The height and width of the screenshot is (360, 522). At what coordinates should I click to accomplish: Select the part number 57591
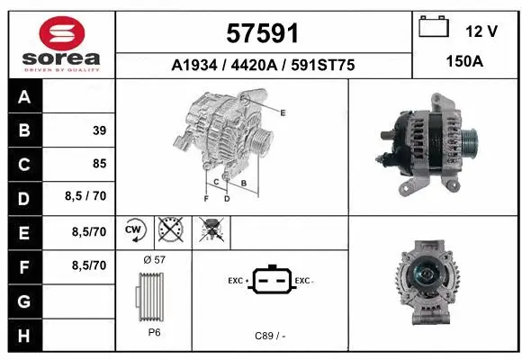coord(263,33)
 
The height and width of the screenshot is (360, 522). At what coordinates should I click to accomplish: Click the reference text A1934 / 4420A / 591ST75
coord(263,66)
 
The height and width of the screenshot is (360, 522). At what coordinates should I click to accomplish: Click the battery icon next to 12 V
coord(435,28)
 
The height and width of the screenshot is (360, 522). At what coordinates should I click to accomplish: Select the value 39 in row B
coord(99,130)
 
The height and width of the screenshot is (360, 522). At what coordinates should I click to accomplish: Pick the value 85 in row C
coord(99,164)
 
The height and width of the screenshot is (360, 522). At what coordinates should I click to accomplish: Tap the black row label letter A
coord(23,97)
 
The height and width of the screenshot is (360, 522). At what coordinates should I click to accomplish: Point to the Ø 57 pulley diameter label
coord(154,260)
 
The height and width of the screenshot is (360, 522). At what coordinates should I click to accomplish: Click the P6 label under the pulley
coord(154,332)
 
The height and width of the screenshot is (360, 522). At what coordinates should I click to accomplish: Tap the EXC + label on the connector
coord(238,281)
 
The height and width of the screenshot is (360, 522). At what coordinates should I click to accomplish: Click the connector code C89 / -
coord(270,335)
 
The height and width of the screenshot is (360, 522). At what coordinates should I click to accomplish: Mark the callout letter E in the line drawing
coord(283,112)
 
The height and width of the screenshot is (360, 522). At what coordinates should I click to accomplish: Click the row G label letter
coord(23,300)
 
